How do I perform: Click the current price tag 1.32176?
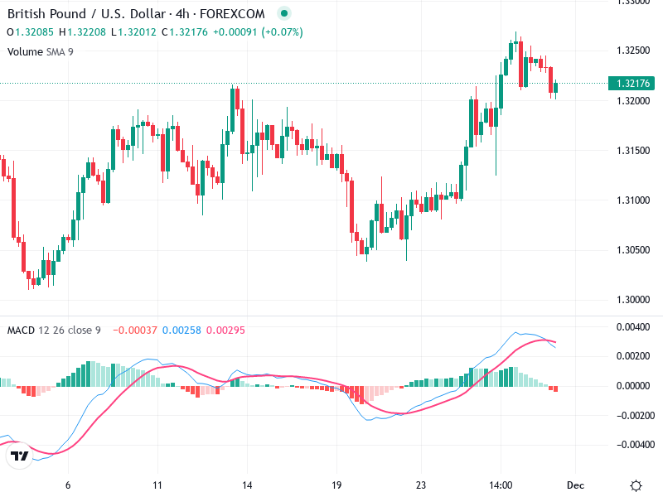click(x=632, y=83)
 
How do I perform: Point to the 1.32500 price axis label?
click(x=632, y=51)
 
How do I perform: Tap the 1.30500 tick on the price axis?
click(x=632, y=249)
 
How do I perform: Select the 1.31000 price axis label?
click(x=632, y=200)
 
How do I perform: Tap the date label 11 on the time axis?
click(x=157, y=485)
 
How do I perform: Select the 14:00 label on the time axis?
click(x=501, y=485)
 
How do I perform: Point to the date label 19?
click(x=336, y=485)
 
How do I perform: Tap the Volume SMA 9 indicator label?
click(x=40, y=51)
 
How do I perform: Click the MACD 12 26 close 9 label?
click(x=54, y=331)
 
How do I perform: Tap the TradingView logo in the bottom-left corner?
click(x=18, y=456)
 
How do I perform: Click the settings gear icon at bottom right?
click(x=636, y=485)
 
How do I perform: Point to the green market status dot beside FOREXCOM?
click(x=284, y=14)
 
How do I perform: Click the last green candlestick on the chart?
click(x=556, y=88)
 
